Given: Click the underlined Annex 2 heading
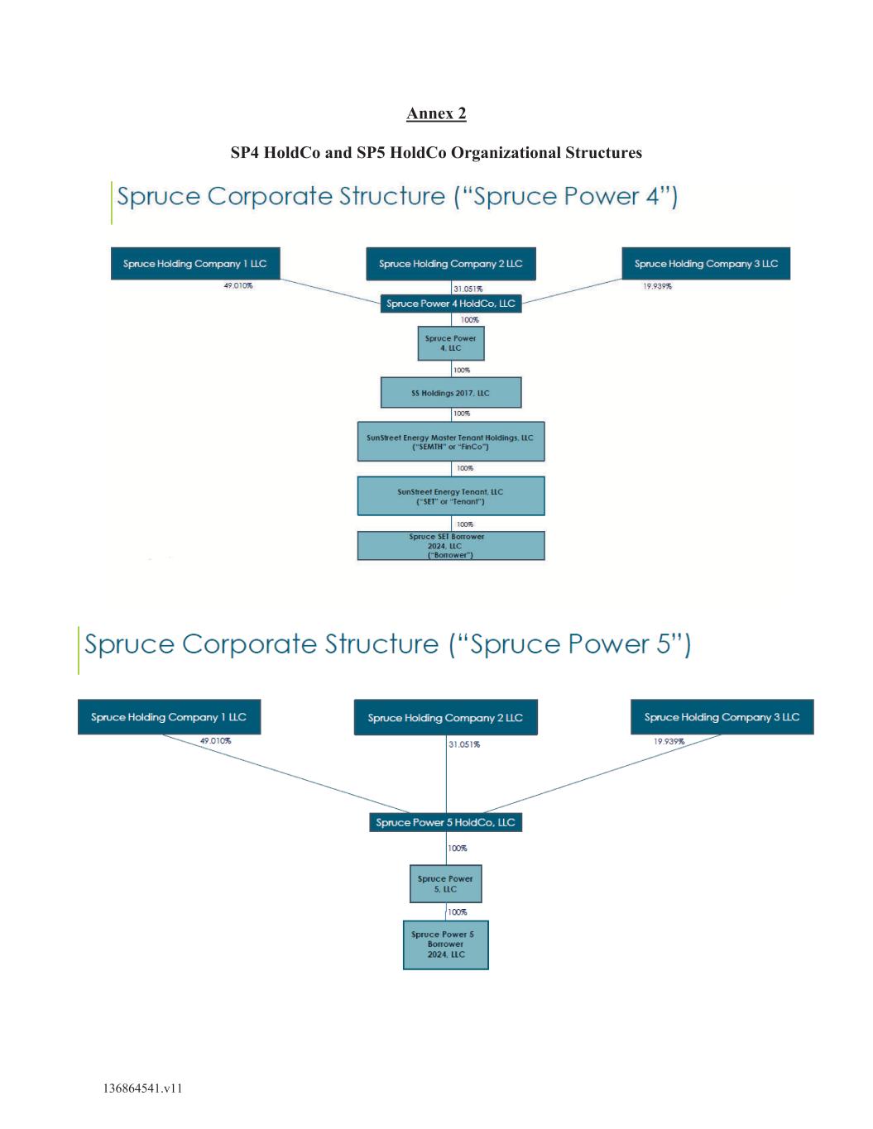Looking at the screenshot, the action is coord(436,114).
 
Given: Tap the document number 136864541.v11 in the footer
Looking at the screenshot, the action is coord(143,1088).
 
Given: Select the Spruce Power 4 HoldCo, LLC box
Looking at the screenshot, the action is coord(450,304).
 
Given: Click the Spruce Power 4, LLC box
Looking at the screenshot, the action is coord(451,343).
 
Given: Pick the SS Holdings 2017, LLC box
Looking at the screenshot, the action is coord(451,393).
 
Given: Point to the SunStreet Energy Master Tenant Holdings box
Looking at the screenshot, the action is coord(451,442).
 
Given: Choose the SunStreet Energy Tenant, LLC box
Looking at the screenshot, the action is coord(451,496).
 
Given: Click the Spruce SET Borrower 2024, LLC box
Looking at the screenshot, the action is coord(451,546).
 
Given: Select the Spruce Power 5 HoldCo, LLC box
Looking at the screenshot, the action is coord(446,822).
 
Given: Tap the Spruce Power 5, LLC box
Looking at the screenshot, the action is coord(446,884).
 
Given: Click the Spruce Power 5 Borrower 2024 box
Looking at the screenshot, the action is coord(446,945).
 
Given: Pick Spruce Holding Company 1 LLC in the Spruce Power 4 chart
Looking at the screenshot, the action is coord(195,263).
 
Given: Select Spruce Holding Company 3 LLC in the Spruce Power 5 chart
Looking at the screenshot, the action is coord(722,717).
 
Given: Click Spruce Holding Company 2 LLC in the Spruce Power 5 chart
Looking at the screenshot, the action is coord(446,717).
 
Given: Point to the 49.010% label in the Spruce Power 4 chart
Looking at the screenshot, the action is coord(238,285).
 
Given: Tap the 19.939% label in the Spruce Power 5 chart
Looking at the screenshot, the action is coord(669,741).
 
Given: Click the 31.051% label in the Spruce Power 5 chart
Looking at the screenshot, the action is coord(464,744).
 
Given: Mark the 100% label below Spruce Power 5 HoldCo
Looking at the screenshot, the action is coord(458,849).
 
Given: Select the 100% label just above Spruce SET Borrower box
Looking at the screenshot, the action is coord(464,524).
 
